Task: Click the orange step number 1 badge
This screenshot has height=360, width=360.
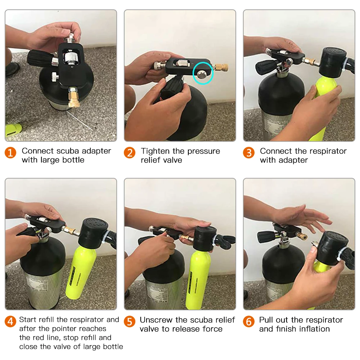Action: point(10,153)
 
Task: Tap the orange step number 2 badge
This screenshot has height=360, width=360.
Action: point(130,153)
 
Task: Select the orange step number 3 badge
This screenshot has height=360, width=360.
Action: point(249,153)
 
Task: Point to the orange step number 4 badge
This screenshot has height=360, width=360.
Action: point(10,321)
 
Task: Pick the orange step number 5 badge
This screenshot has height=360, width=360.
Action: point(130,321)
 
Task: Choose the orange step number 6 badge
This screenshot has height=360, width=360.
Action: point(249,321)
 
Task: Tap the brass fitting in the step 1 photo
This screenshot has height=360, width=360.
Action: point(74,98)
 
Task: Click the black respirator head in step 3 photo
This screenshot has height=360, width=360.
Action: point(333,62)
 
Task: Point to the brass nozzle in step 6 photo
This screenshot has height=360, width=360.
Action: point(302,237)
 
